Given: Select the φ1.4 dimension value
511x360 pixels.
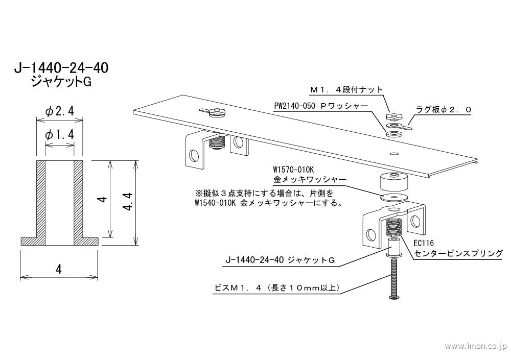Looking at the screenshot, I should click(x=59, y=135).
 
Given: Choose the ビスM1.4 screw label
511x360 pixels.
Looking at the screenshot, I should click(x=276, y=288).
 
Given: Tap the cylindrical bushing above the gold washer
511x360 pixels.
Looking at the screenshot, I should click(x=394, y=182).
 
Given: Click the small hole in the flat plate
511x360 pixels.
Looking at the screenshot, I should click(x=393, y=154).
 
